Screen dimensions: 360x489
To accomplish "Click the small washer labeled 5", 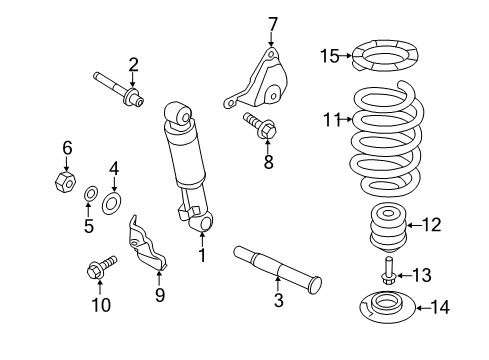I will tap(89, 192).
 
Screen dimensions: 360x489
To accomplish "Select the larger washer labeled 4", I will tap(113, 204).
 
